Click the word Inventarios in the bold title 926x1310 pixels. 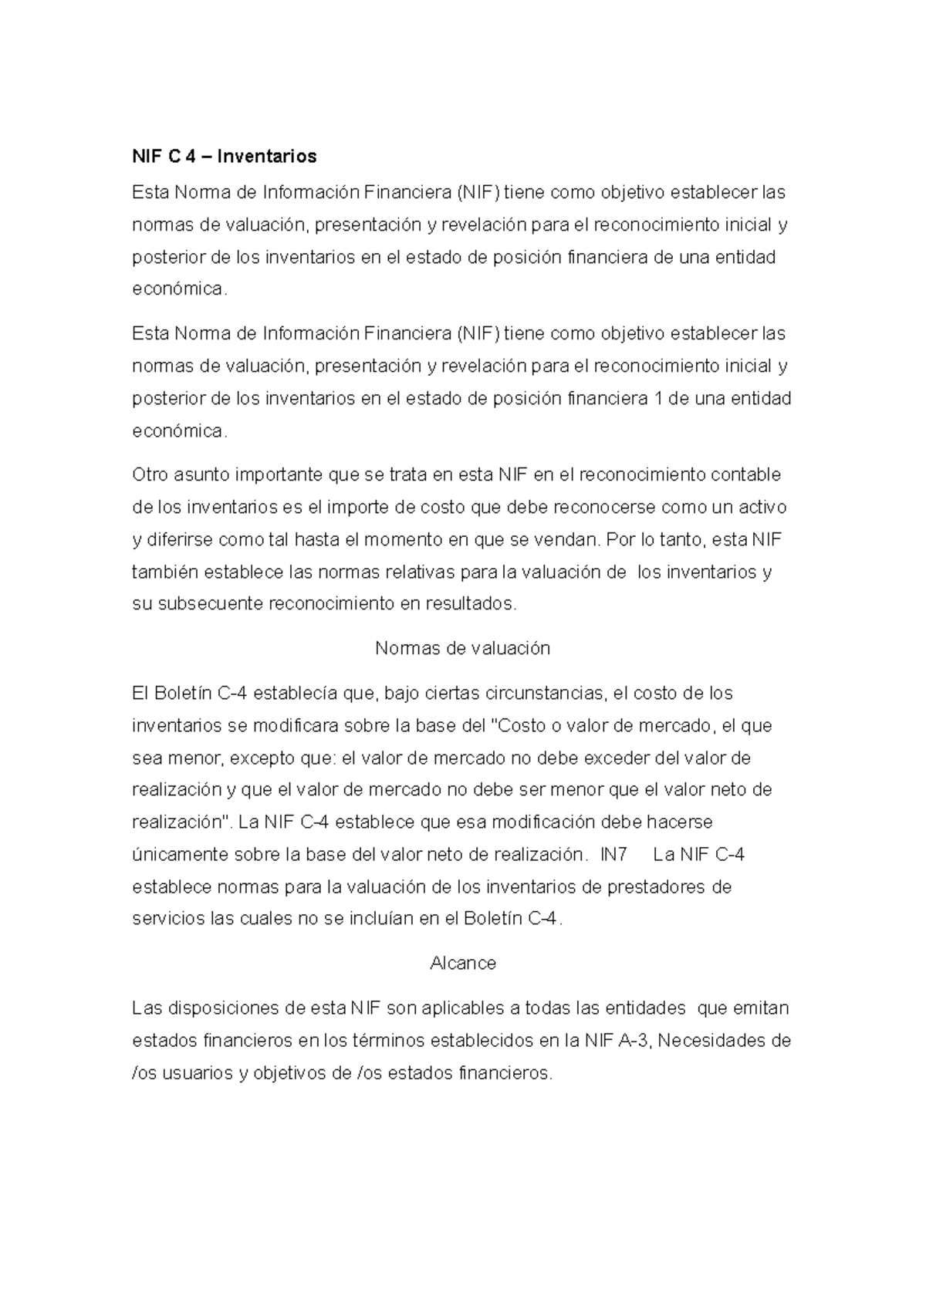pos(267,157)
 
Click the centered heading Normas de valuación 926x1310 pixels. pos(462,648)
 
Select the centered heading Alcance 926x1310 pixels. pos(462,963)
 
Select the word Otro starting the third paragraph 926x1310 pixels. pos(150,474)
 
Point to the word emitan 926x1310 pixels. pos(760,1008)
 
